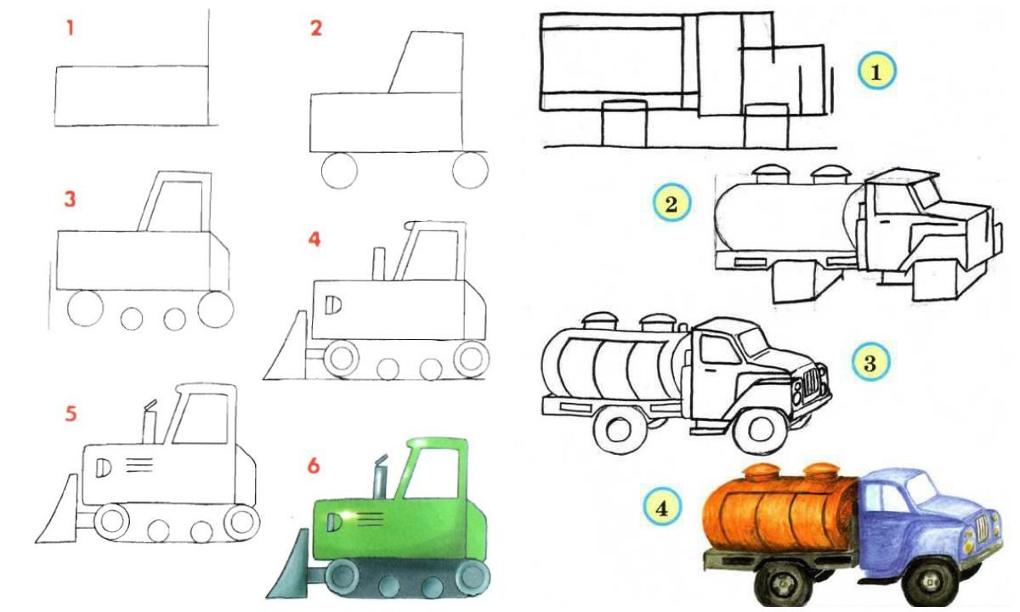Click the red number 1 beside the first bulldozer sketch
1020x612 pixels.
click(x=70, y=29)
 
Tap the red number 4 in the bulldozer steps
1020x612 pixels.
click(x=314, y=239)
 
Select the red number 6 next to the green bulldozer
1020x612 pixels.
click(x=314, y=466)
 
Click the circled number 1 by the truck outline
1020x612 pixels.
click(x=876, y=71)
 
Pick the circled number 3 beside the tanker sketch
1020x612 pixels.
click(x=870, y=363)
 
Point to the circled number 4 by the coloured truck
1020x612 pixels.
click(x=662, y=507)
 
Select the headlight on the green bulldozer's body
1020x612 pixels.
click(x=334, y=522)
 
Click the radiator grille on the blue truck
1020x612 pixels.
click(x=981, y=531)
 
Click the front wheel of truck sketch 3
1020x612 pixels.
click(x=762, y=429)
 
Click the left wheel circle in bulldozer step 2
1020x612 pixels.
click(x=339, y=170)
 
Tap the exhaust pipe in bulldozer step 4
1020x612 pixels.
click(x=379, y=263)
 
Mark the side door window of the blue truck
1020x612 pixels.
click(x=877, y=499)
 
